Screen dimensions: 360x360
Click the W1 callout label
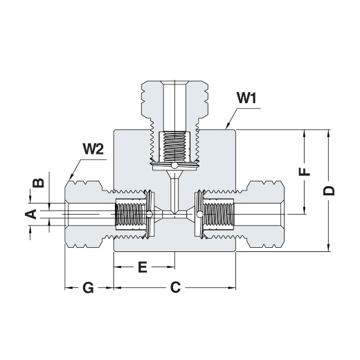click(x=246, y=98)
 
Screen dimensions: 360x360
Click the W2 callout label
click(x=93, y=149)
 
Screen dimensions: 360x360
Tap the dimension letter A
click(x=31, y=214)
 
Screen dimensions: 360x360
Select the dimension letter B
click(x=38, y=183)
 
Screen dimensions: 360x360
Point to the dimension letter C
click(x=175, y=287)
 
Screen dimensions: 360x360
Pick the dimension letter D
click(x=329, y=190)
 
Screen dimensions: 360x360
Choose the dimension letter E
click(x=143, y=267)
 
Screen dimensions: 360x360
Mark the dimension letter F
click(x=305, y=172)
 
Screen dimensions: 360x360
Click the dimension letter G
click(x=89, y=288)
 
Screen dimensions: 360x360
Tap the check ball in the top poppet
click(x=174, y=165)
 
